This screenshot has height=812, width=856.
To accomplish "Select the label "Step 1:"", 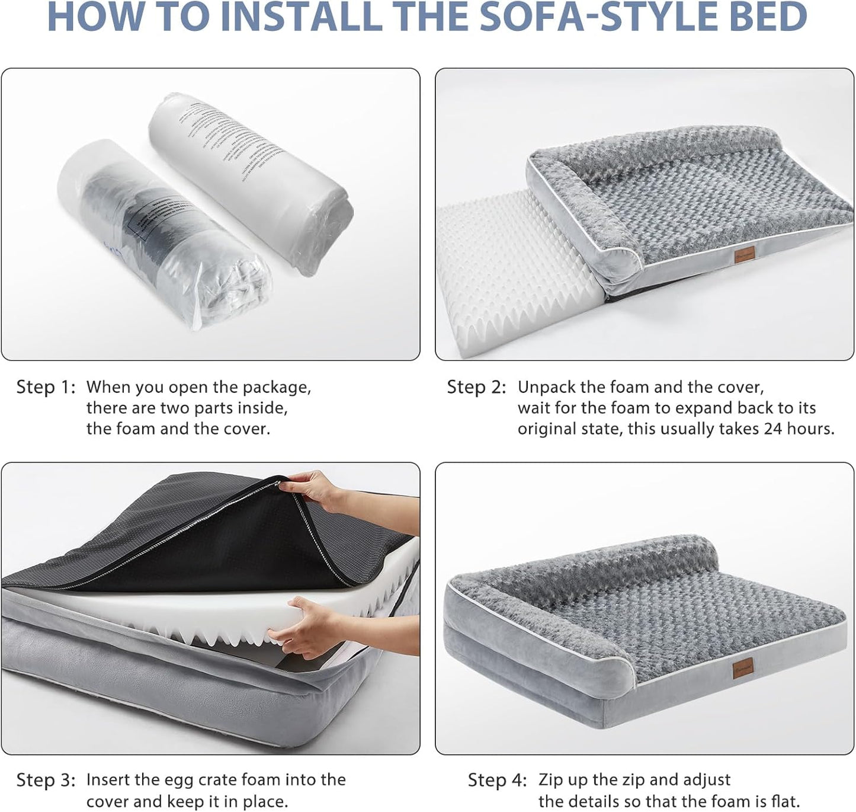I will click(46, 388).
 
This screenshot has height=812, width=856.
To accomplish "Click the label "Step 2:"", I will click(476, 388).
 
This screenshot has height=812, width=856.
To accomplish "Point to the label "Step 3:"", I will click(46, 780).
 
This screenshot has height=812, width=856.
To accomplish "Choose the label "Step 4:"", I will click(497, 780).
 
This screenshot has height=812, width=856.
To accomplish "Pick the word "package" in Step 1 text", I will click(278, 388).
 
